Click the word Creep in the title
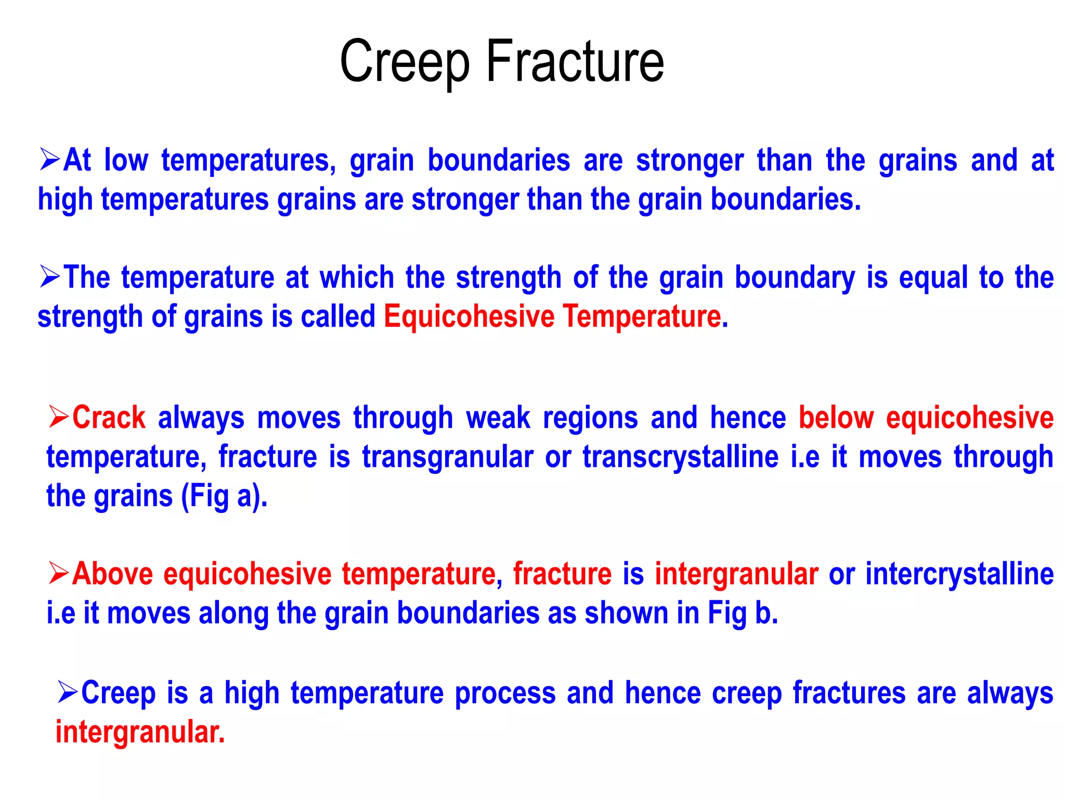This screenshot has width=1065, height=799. pos(405,62)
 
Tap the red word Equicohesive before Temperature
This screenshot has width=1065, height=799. pos(469,316)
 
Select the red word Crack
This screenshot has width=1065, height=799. pos(109,418)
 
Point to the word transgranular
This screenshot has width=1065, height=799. pos(447,458)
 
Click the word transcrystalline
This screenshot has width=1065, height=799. pos(680,457)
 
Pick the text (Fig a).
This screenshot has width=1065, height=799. pos(224,497)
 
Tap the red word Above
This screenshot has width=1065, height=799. pos(112,574)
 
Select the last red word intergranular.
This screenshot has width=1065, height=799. pos(140,732)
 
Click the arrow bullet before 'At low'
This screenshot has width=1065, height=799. pos(50,160)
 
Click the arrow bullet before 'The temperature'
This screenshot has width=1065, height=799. pos(50,277)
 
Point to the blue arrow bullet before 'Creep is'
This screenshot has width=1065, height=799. pos(68,692)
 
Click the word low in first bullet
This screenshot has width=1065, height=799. pos(126,160)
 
